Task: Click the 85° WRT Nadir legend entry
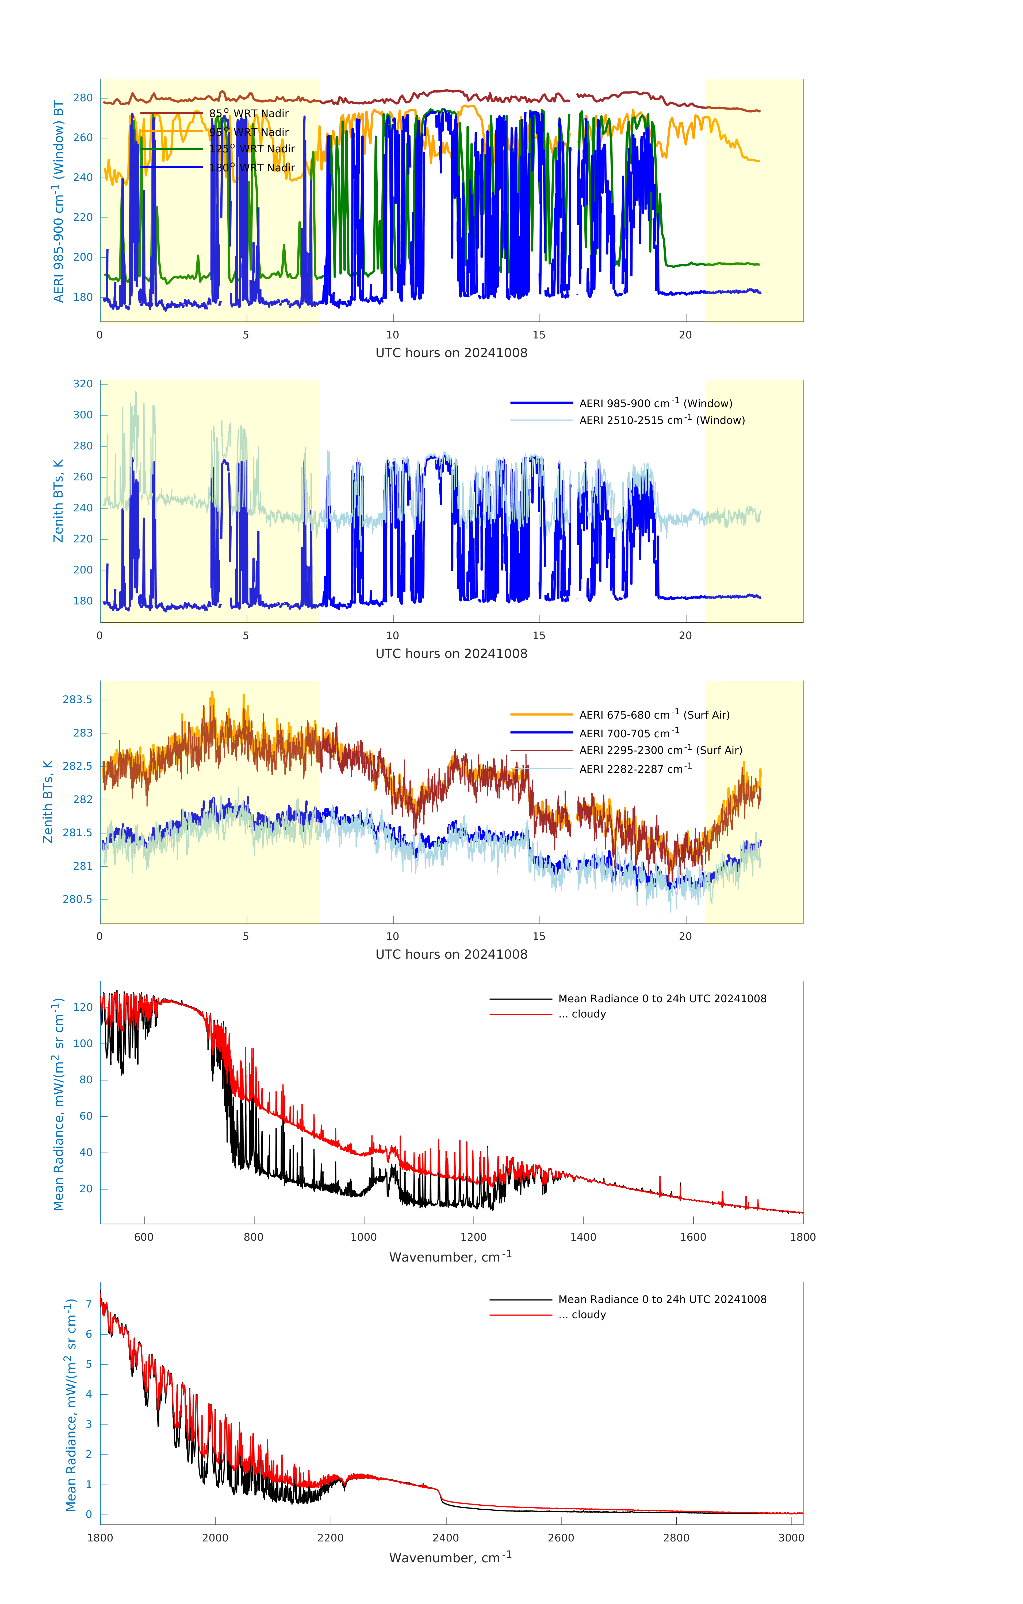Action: [x=248, y=113]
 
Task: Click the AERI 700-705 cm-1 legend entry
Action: [x=629, y=733]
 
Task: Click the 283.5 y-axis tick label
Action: [x=77, y=699]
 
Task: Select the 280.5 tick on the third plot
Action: [x=77, y=899]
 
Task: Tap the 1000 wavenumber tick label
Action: [x=363, y=1237]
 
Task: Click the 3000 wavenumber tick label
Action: [x=791, y=1537]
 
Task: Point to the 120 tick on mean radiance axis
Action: [x=83, y=1007]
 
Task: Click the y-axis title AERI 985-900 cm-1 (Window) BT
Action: [x=59, y=201]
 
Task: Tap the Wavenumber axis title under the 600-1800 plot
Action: [x=450, y=1256]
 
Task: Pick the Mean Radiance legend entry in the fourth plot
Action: [x=662, y=998]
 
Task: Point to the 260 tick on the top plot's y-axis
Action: [x=83, y=138]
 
